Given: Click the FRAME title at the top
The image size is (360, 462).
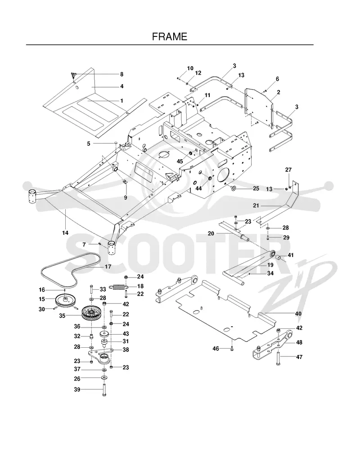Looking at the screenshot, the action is pyautogui.click(x=170, y=36).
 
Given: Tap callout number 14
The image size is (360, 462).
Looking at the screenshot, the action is pyautogui.click(x=65, y=233).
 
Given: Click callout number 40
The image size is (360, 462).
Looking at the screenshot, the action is pyautogui.click(x=298, y=314).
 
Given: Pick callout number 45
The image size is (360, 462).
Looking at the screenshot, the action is pyautogui.click(x=180, y=161).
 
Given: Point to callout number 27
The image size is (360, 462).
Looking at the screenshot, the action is pyautogui.click(x=288, y=170).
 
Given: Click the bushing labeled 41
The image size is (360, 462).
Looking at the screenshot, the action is pyautogui.click(x=279, y=258).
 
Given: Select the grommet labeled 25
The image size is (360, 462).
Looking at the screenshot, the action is pyautogui.click(x=232, y=188).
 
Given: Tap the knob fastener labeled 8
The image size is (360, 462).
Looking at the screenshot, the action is pyautogui.click(x=73, y=75).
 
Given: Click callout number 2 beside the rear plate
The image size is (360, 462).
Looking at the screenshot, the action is pyautogui.click(x=279, y=92).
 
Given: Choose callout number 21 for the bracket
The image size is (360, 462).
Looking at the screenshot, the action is pyautogui.click(x=256, y=206).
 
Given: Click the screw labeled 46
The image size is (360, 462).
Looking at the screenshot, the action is pyautogui.click(x=232, y=349).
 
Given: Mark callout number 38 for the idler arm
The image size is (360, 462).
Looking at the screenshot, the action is pyautogui.click(x=126, y=350).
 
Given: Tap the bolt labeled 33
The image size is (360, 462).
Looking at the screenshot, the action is pyautogui.click(x=91, y=289).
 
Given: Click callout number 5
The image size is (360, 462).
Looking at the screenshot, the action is pyautogui.click(x=89, y=144).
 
